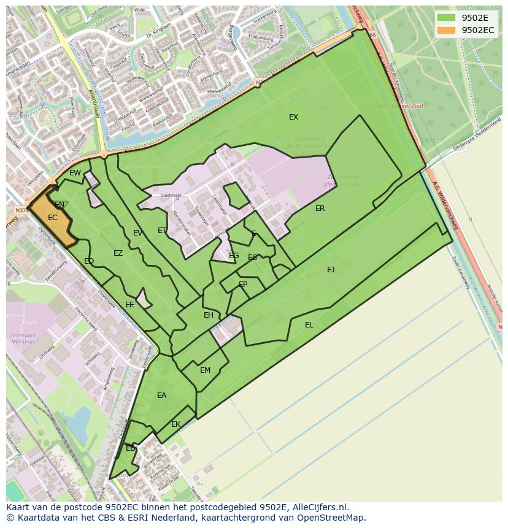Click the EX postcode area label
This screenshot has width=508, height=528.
[293, 117]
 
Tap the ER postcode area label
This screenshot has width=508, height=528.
[320, 209]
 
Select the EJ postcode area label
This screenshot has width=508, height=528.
[331, 269]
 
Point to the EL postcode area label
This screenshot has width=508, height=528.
[309, 325]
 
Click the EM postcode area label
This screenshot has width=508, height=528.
[205, 370]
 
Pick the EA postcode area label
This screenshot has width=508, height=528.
[161, 396]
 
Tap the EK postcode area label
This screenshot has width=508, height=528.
[175, 424]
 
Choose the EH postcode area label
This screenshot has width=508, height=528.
[209, 315]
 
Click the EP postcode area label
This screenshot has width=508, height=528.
[243, 285]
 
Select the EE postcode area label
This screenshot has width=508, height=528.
[129, 305]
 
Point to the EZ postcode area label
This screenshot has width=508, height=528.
[118, 253]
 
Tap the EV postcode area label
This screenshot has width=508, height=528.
[137, 233]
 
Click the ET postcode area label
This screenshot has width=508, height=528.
[162, 231]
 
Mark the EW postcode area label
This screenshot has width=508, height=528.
[75, 173]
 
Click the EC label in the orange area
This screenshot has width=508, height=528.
[52, 218]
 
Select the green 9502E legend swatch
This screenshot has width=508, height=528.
[446, 18]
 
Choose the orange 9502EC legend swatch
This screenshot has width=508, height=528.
[446, 30]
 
